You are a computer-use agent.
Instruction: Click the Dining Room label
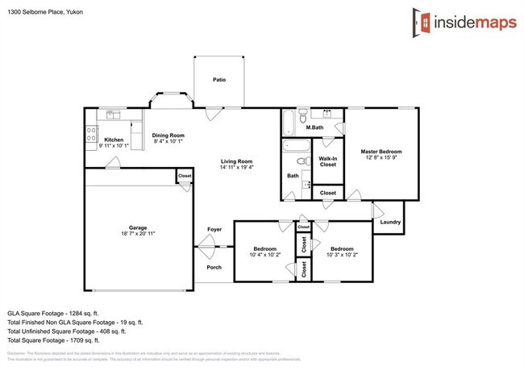169,135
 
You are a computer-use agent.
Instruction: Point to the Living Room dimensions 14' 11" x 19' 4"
237,168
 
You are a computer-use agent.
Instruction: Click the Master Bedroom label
381,152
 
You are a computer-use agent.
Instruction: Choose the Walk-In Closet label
327,161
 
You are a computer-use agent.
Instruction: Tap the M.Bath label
314,128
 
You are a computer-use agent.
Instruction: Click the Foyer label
214,229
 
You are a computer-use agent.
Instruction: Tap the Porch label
214,267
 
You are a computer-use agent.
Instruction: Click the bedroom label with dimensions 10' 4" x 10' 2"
265,248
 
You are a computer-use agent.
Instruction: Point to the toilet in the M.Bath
299,115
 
